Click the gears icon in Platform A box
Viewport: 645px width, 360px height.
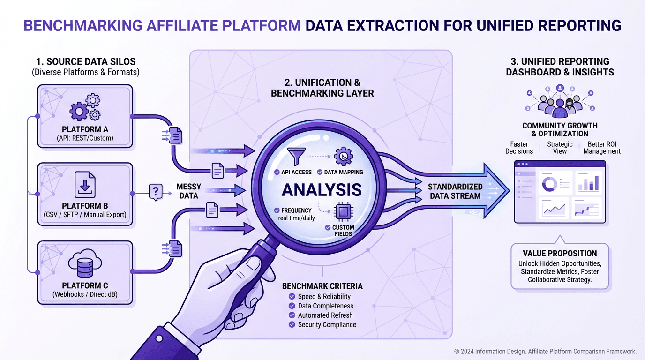pyautogui.click(x=85, y=108)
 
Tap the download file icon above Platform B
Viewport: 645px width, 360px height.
pyautogui.click(x=85, y=185)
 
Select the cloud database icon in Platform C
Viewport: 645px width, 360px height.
pyautogui.click(x=85, y=265)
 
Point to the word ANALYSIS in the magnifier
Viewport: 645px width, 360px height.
pyautogui.click(x=322, y=189)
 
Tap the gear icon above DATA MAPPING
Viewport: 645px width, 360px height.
pyautogui.click(x=345, y=157)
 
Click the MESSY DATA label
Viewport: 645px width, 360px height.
pyautogui.click(x=189, y=191)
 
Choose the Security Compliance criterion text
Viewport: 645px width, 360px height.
pyautogui.click(x=327, y=325)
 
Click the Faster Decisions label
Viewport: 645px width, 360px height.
pyautogui.click(x=519, y=148)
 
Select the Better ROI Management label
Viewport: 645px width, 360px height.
pyautogui.click(x=602, y=148)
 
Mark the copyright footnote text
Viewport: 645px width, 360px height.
pyautogui.click(x=545, y=351)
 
